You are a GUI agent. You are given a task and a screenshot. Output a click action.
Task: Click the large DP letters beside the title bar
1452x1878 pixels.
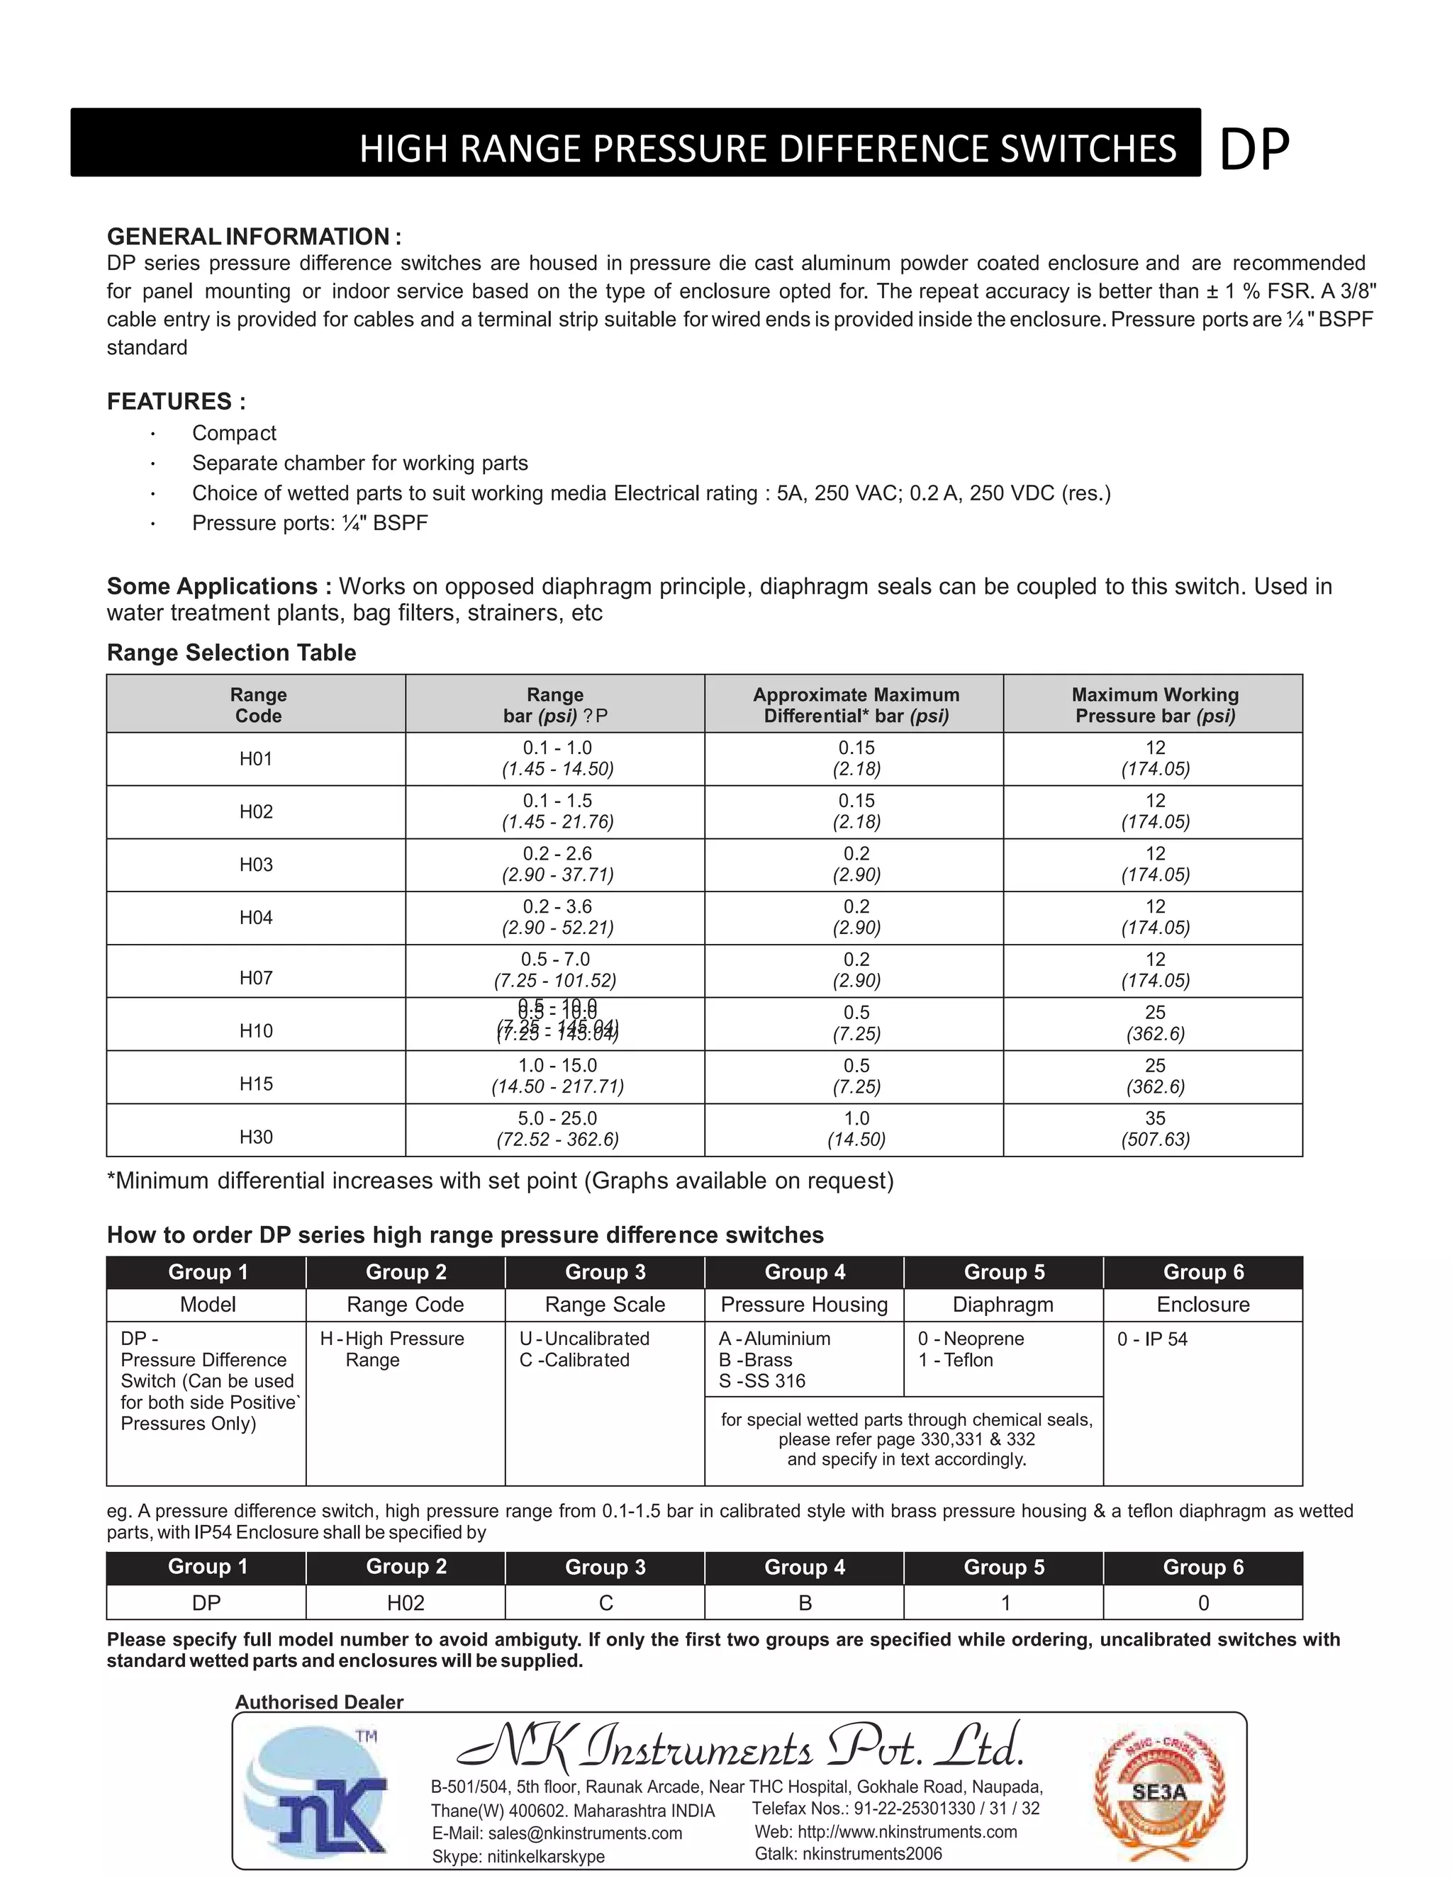1254,150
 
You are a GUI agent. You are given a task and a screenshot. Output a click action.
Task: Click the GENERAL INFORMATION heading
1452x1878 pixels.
254,237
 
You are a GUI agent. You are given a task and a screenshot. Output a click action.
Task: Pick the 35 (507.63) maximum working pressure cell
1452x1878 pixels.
1154,1129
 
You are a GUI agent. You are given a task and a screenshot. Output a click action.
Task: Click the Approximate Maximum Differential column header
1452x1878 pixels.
855,705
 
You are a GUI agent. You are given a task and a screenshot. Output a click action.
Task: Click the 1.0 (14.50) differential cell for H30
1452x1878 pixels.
856,1129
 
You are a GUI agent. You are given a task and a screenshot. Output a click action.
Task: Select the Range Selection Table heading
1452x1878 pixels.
231,653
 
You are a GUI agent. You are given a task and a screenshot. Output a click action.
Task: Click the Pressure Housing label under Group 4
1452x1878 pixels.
803,1305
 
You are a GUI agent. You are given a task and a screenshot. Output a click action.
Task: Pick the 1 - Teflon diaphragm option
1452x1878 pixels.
955,1359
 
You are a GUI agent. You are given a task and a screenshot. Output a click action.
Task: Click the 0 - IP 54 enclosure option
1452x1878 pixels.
1152,1339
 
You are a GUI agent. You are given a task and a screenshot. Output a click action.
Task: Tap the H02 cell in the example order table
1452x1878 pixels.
405,1603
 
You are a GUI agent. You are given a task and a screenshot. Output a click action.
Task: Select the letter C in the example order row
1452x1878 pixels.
605,1603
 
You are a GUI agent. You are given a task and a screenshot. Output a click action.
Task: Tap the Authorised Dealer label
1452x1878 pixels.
319,1702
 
